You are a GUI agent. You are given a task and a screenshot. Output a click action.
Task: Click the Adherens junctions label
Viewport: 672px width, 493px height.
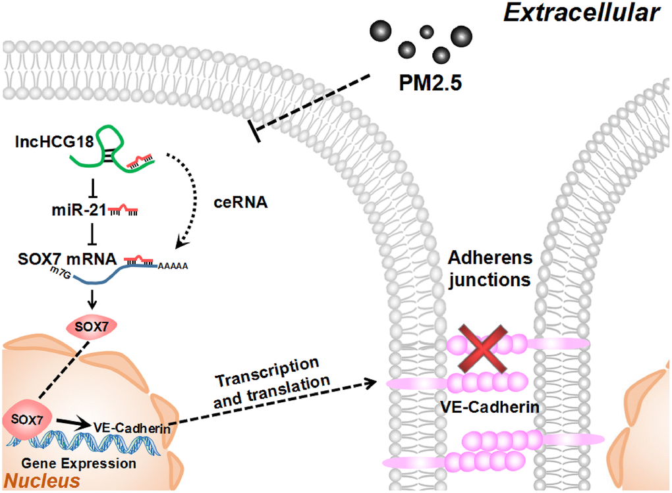coord(488,268)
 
